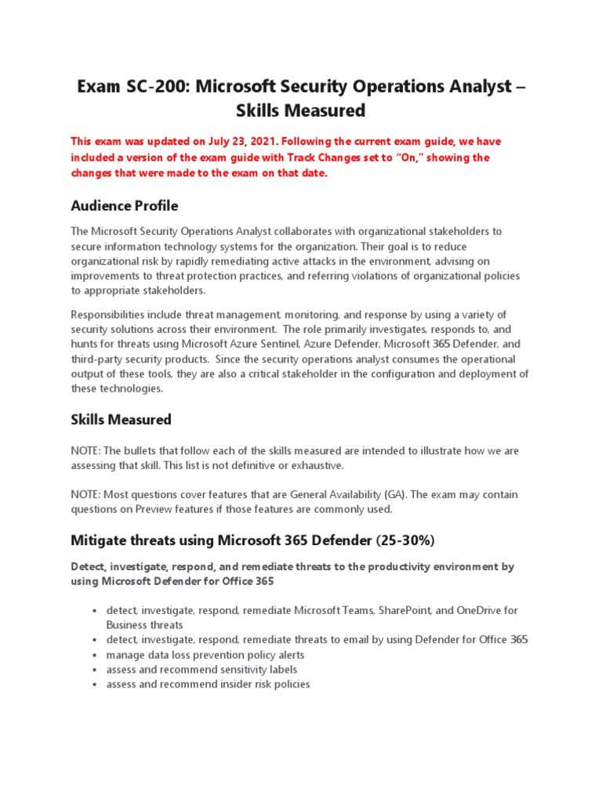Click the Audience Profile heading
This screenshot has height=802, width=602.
(124, 206)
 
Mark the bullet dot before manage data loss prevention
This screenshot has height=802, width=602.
(94, 655)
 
